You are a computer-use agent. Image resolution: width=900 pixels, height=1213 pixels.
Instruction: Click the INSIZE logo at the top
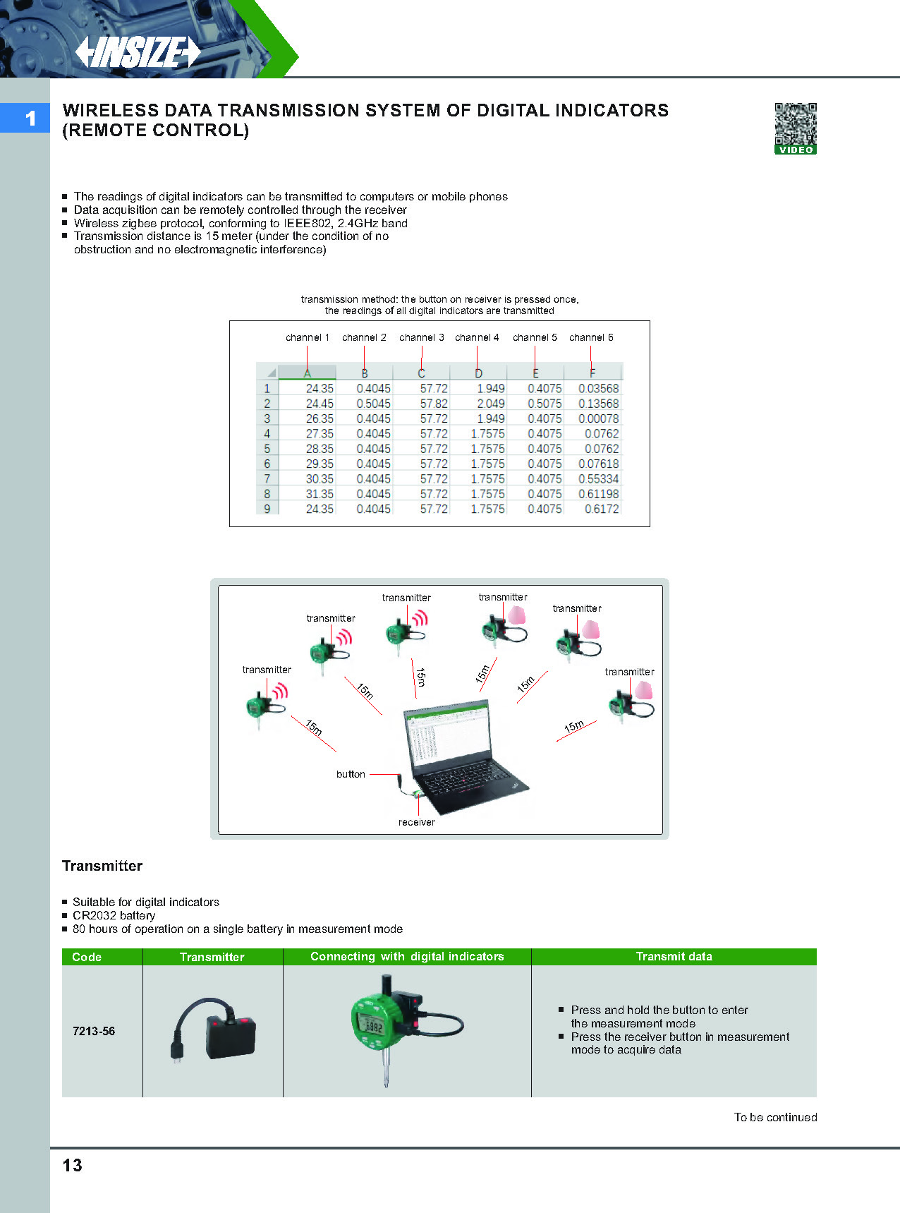(138, 52)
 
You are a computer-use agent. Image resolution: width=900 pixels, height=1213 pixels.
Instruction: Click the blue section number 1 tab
(26, 118)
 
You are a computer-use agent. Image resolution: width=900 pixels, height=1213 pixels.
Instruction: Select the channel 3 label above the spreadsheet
(421, 337)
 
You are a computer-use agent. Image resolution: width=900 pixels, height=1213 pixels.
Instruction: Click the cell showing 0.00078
(598, 418)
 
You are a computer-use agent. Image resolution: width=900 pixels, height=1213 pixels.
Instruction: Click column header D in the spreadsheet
(478, 373)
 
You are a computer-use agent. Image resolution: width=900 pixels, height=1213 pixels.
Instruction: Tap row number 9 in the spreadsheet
(267, 509)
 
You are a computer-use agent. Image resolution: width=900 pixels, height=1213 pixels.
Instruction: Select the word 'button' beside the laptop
(351, 774)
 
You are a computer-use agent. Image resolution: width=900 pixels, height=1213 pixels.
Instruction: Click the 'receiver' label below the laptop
(416, 822)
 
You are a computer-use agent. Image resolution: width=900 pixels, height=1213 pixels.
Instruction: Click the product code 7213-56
(94, 1031)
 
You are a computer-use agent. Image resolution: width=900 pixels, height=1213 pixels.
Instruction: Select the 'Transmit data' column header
(674, 956)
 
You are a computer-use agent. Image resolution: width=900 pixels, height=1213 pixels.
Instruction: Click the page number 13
(73, 1166)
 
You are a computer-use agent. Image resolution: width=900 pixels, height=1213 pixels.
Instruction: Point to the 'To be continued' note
(775, 1117)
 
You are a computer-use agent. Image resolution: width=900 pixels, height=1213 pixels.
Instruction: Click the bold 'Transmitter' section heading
(102, 866)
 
